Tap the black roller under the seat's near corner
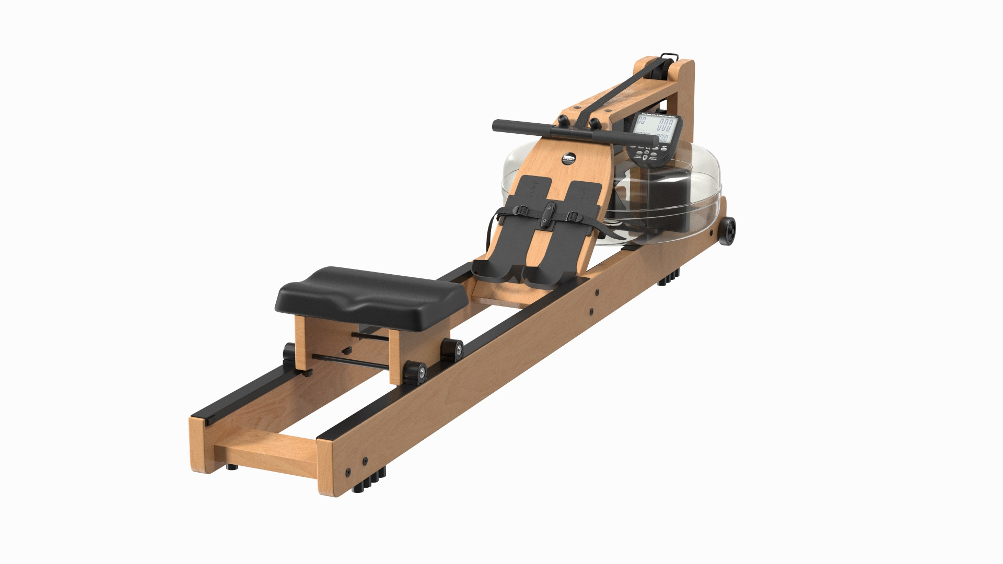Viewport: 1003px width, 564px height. [x=416, y=371]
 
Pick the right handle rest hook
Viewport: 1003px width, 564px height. [x=595, y=123]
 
